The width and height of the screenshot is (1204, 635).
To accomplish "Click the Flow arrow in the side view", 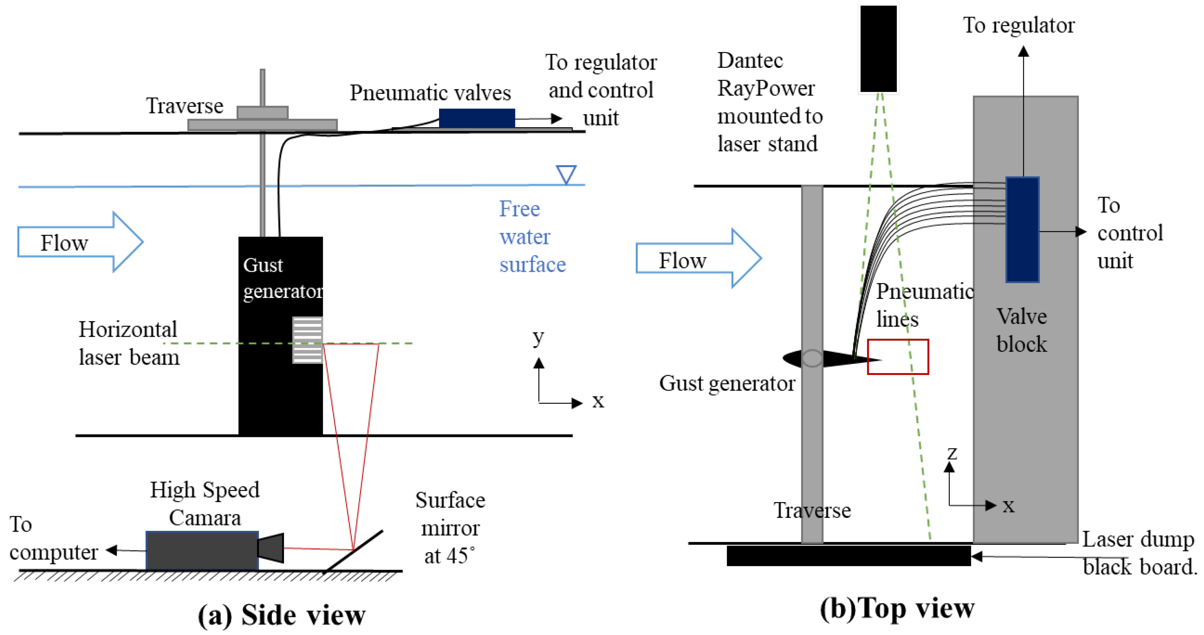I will [79, 242].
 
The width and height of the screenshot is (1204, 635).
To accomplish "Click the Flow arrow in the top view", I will [698, 258].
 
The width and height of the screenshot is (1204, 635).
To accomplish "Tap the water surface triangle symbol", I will [566, 174].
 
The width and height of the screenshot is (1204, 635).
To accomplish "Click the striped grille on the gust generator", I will [307, 340].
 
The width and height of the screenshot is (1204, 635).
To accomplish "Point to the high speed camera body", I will [202, 551].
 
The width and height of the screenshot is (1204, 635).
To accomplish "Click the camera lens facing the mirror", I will [271, 548].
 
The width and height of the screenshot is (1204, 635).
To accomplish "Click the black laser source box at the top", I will [878, 49].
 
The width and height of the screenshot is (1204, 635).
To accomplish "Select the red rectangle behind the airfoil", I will [898, 357].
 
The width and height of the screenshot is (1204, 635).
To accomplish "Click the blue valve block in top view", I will [1022, 230].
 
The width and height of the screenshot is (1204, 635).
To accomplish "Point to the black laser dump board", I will [848, 556].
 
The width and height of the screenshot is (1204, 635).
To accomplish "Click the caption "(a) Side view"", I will [281, 615].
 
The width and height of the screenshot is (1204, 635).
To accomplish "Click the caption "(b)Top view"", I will [897, 609].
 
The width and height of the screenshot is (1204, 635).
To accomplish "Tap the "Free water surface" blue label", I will [532, 237].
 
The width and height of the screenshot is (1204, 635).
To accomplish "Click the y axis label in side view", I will [538, 337].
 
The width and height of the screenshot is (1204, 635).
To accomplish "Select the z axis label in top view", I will [952, 453].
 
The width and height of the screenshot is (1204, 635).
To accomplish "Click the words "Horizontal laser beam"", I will [128, 343].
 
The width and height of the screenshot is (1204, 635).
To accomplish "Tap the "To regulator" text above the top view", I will [1018, 25].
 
